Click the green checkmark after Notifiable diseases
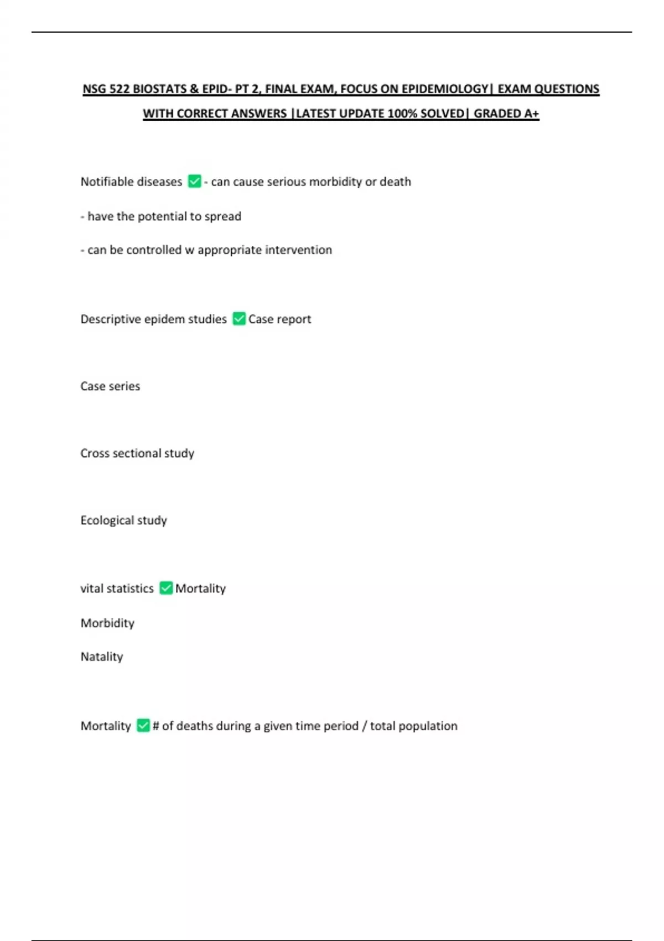tap(194, 182)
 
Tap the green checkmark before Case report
tap(239, 319)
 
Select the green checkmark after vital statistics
tap(166, 588)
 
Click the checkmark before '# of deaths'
tap(143, 725)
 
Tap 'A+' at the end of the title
tap(531, 113)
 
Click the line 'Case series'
tap(110, 386)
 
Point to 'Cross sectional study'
tap(137, 453)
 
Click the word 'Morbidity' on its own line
tap(107, 623)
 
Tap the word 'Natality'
tap(102, 657)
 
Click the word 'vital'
tap(91, 588)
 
